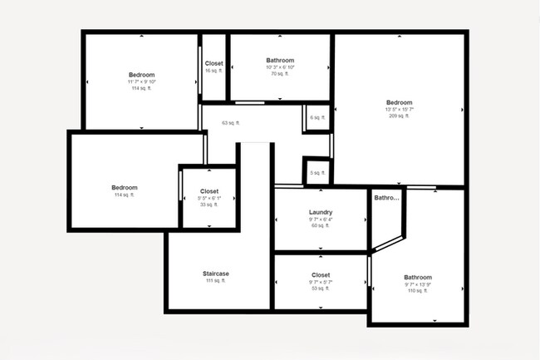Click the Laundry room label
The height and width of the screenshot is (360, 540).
(320, 212)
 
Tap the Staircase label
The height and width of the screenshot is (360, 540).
(216, 274)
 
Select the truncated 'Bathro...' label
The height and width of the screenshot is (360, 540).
(387, 198)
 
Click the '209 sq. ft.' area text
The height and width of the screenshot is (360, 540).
(399, 116)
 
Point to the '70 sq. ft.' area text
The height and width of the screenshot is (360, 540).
(279, 74)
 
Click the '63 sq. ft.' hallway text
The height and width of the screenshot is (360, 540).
(230, 123)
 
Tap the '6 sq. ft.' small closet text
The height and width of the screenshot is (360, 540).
(317, 117)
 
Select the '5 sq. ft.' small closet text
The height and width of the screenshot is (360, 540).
(317, 173)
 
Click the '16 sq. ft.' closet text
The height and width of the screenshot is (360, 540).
(214, 71)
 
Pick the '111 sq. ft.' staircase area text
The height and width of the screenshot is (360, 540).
(216, 281)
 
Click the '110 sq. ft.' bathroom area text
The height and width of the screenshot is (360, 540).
(418, 291)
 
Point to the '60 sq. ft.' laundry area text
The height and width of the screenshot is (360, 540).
(320, 225)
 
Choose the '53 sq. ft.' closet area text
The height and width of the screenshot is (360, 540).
(320, 288)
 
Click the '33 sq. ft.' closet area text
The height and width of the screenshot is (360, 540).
(209, 205)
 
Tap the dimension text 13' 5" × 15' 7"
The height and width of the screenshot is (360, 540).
(399, 109)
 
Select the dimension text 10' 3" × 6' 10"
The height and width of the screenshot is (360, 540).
(279, 67)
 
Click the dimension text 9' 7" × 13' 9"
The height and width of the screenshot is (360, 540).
(418, 284)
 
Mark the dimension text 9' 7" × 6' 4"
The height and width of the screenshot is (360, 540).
(320, 219)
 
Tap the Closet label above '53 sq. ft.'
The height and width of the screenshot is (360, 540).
(320, 274)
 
